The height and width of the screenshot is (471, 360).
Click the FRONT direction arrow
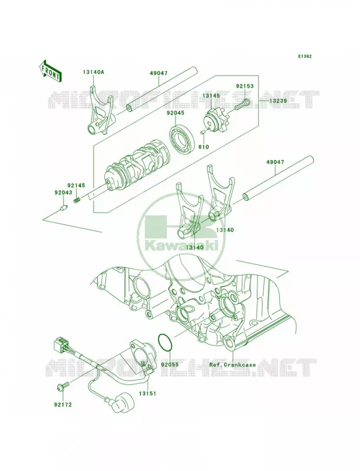tap(50, 71)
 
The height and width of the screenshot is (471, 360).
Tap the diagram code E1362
tap(305, 56)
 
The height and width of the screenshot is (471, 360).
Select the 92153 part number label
tap(245, 86)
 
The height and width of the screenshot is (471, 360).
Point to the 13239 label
tap(278, 101)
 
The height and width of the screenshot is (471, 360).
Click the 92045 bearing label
tap(176, 113)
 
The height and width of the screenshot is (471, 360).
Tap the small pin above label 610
tap(203, 131)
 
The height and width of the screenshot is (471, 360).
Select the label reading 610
tap(203, 147)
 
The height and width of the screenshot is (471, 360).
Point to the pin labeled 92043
tap(64, 208)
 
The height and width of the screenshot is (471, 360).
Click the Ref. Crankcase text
tap(233, 364)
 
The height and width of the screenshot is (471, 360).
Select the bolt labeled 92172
tap(62, 387)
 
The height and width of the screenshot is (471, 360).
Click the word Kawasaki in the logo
tap(182, 246)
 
